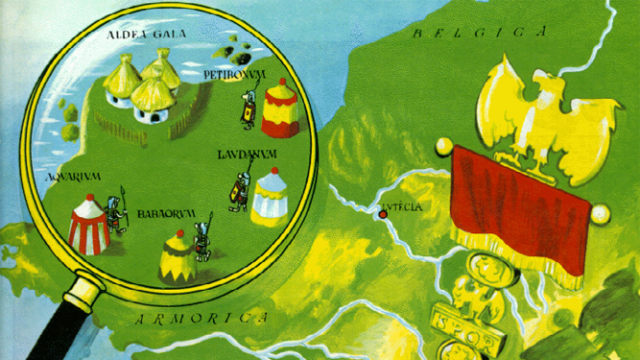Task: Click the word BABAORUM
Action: (x=160, y=214)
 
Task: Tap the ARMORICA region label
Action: (x=201, y=317)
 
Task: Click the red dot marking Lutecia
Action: (x=383, y=214)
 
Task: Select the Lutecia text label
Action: (x=403, y=208)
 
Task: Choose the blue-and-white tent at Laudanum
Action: (x=270, y=197)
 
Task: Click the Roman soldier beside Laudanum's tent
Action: (x=235, y=189)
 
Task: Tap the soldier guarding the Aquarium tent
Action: (x=116, y=217)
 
